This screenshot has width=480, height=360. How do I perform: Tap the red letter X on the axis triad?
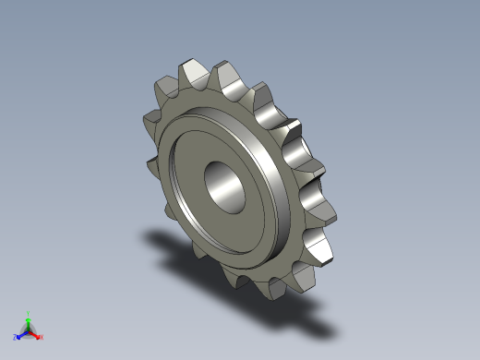click(x=42, y=337)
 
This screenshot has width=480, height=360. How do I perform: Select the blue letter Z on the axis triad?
click(x=16, y=338)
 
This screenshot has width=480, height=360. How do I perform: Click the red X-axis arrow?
click(x=36, y=334)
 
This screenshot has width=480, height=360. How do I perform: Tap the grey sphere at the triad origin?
click(x=29, y=330)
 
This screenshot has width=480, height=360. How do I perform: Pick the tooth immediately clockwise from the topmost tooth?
click(x=228, y=76)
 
